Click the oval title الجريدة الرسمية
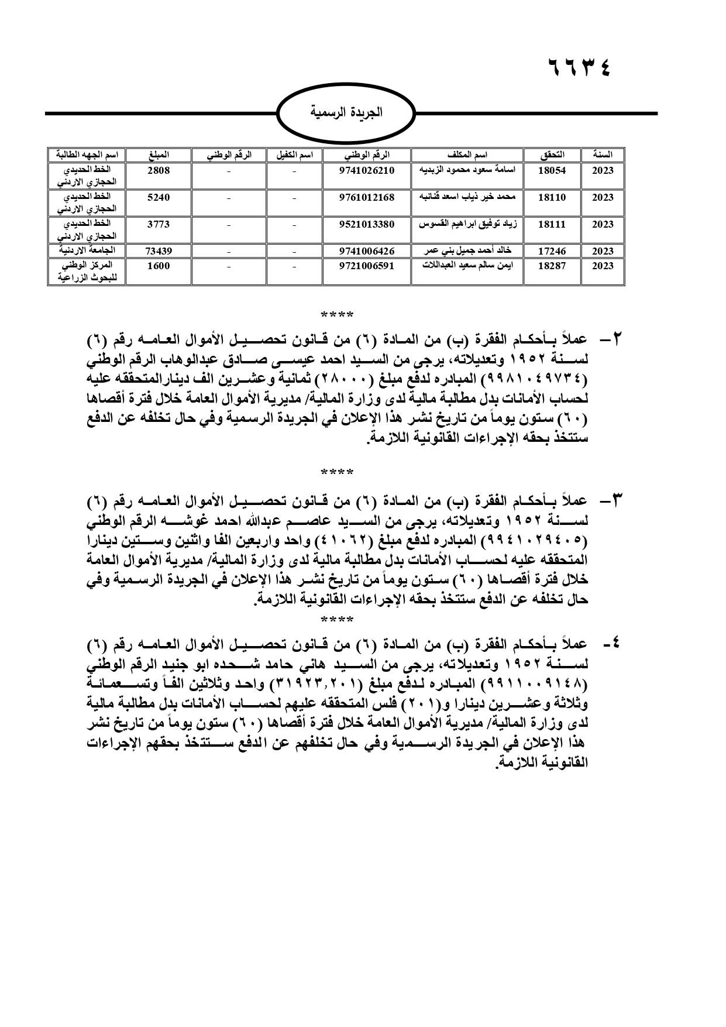click(346, 112)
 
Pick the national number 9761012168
click(367, 197)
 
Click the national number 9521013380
click(367, 224)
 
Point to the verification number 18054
click(552, 170)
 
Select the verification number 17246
click(552, 251)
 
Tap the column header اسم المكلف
click(467, 155)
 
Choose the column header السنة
click(602, 155)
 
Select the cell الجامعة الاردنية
click(89, 250)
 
